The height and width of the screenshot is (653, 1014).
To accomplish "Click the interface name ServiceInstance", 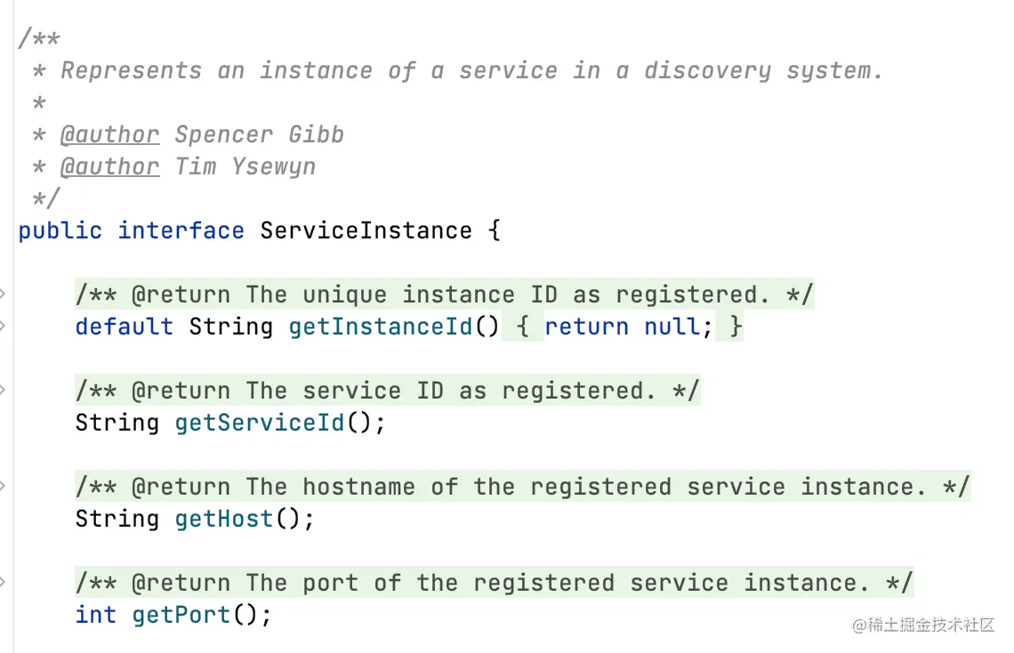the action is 366,231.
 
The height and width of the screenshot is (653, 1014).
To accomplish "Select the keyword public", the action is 60,231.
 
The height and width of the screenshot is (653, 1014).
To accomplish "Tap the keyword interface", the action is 181,231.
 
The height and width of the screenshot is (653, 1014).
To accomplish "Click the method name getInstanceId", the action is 381,327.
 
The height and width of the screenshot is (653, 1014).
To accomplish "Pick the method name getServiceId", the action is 259,423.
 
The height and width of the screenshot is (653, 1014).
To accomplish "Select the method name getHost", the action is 223,520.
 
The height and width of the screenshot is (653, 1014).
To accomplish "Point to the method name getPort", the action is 181,616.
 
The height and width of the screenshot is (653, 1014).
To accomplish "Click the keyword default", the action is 124,327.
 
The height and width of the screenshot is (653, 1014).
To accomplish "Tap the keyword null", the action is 672,327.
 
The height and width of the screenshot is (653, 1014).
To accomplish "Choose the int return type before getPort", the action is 95,616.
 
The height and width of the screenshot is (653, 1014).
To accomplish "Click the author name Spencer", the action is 223,135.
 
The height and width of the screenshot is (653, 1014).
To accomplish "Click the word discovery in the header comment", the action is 707,71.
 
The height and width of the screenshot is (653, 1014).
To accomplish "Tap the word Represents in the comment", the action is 131,71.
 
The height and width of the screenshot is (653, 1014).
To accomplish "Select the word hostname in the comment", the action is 358,488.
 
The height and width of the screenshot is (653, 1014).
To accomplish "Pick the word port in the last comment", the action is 330,584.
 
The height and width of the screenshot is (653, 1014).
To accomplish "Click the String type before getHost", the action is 117,520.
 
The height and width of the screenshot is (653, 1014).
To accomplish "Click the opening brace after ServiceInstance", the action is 495,231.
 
